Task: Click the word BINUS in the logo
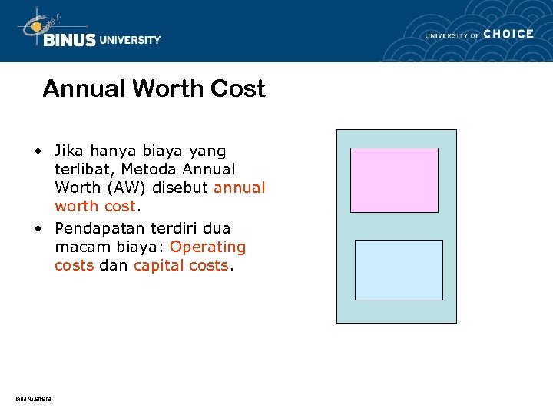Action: [69, 40]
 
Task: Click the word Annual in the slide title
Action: [84, 88]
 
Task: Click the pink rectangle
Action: [394, 180]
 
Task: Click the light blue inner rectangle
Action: [399, 270]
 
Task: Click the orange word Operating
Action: [207, 247]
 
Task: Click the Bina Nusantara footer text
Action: [33, 397]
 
